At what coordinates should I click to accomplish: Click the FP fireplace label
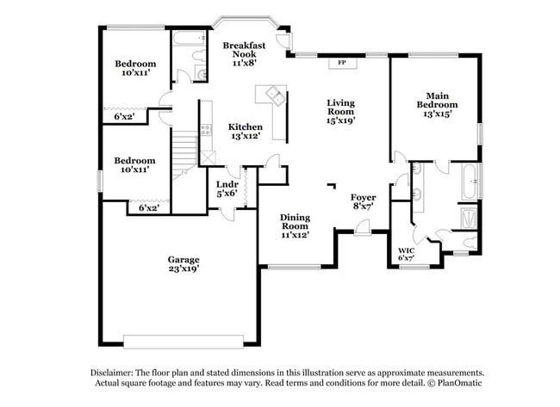pos(341,63)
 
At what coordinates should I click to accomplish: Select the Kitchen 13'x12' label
pos(246,132)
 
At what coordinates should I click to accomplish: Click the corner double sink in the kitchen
pos(275,95)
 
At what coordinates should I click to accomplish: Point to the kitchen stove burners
pos(205,130)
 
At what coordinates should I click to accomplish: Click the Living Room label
pos(340,111)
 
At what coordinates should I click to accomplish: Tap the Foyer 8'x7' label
pos(363,202)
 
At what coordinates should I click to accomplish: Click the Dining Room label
pos(295,225)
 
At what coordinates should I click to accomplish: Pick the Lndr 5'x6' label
pos(227,189)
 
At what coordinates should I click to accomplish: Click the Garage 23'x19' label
pos(184,264)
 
